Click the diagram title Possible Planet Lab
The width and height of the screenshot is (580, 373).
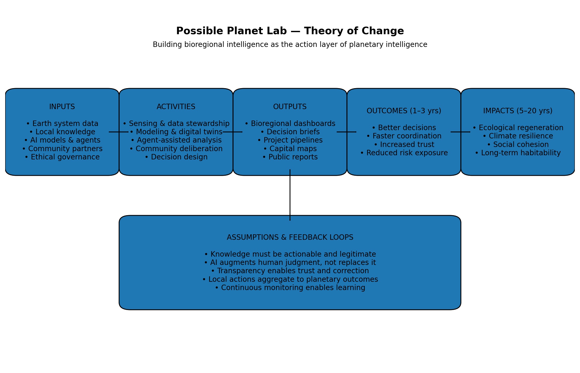coord(290,31)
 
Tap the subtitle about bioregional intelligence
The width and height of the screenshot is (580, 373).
coord(290,45)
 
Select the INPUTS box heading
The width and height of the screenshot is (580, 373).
coord(62,107)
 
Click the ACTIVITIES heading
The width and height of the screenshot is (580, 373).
coord(176,107)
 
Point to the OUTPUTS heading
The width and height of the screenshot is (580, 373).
coord(290,107)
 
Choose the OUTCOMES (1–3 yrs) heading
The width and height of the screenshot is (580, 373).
coord(404,111)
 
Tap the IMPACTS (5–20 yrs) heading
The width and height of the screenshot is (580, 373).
coord(518,111)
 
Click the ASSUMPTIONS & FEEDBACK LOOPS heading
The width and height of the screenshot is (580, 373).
coord(290,237)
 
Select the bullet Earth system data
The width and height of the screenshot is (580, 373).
coord(62,124)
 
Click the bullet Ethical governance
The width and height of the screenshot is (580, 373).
coord(62,157)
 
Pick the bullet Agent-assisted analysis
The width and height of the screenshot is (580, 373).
coord(176,140)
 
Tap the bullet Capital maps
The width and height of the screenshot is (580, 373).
coord(290,149)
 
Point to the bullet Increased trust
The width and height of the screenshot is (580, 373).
coord(404,145)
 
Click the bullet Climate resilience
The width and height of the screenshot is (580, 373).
coord(518,136)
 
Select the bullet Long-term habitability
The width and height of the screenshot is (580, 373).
coord(518,153)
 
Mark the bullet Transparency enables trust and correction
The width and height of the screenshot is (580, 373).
coord(290,271)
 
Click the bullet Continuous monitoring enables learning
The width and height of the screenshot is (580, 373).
coord(290,288)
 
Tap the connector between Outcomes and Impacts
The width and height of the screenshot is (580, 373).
coord(460,132)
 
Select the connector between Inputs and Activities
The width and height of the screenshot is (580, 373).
coord(119,132)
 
